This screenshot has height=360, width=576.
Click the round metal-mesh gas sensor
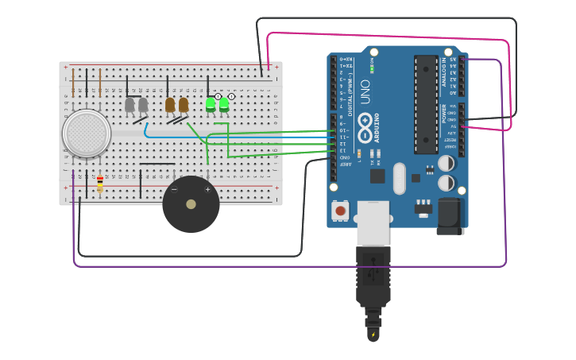(87, 133)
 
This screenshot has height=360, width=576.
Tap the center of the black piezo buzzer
(191, 204)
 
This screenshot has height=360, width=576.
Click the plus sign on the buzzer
(208, 190)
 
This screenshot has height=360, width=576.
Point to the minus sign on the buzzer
(174, 190)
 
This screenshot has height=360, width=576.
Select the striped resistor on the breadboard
(99, 184)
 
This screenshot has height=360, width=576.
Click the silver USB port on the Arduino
(373, 223)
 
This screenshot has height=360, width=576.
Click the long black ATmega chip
(425, 104)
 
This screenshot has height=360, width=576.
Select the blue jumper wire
(238, 137)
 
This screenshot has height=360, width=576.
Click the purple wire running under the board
(286, 265)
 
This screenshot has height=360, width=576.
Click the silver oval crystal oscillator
(399, 178)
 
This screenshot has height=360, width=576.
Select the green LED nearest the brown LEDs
(211, 103)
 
